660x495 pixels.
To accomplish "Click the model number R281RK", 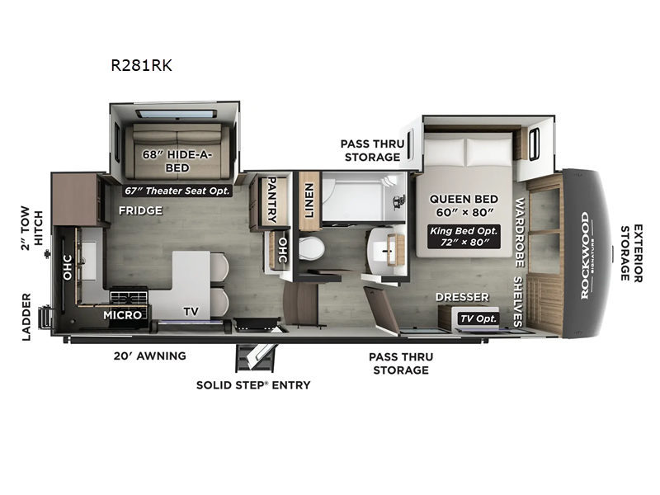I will click(141, 66).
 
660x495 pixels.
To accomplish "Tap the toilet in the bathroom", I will click(312, 247).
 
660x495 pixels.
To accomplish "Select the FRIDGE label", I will click(139, 210).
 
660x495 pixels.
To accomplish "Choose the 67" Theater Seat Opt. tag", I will click(177, 191).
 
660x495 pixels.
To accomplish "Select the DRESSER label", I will click(463, 297).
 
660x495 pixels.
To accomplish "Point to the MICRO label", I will click(120, 314).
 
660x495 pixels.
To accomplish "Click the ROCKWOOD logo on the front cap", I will click(584, 255).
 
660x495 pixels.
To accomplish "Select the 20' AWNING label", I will click(149, 356).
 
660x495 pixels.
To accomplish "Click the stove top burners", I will click(129, 295).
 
